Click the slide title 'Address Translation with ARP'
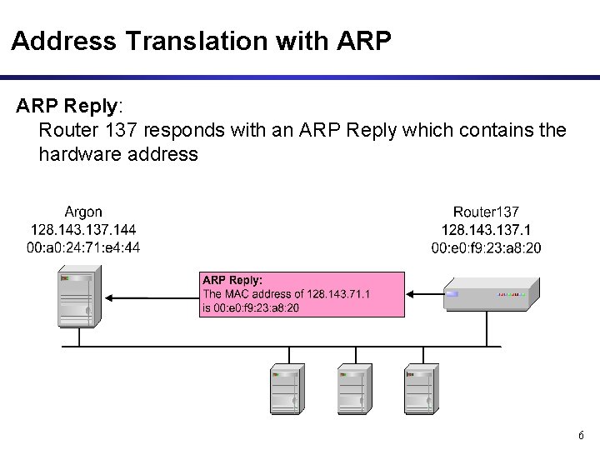point(201,40)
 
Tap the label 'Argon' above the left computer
point(83,212)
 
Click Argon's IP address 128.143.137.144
point(83,229)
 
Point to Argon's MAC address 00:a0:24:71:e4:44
point(83,247)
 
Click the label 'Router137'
point(486,213)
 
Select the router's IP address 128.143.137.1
point(486,230)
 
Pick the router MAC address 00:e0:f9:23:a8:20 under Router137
point(486,247)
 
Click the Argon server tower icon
point(79,297)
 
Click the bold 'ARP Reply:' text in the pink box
point(232,281)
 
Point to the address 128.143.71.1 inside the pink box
point(338,294)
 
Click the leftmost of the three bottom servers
point(286,388)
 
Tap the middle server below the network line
point(352,388)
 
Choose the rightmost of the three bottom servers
point(419,388)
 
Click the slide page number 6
point(581,436)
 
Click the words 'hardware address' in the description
point(118,154)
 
